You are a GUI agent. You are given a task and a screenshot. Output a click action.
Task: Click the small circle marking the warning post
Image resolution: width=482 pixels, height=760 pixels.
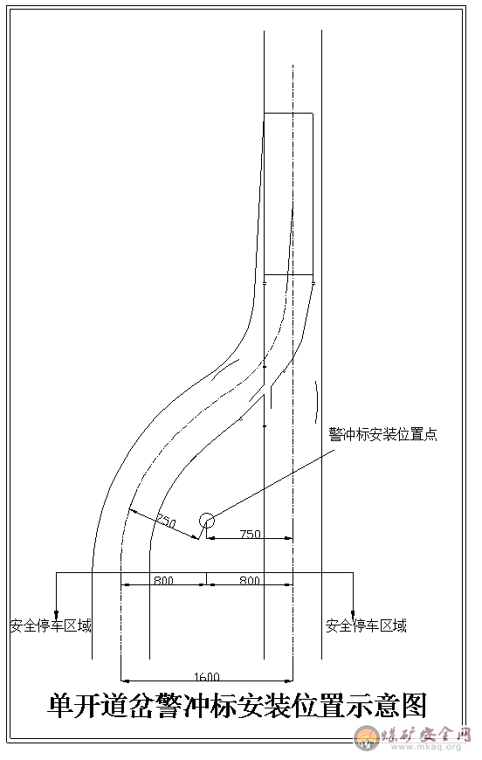pyautogui.click(x=207, y=521)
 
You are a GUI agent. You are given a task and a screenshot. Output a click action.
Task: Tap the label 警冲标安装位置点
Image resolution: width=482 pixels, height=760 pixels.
pyautogui.click(x=382, y=434)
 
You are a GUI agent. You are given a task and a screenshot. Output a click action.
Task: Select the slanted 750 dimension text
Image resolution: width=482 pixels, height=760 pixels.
pyautogui.click(x=165, y=522)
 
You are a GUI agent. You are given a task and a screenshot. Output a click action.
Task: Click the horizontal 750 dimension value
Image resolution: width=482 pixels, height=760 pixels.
pyautogui.click(x=251, y=534)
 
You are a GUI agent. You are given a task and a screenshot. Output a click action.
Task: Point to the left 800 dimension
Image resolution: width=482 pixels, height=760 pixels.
pyautogui.click(x=164, y=580)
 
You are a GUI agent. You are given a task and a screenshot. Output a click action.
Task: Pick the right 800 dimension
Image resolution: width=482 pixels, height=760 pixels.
pyautogui.click(x=250, y=580)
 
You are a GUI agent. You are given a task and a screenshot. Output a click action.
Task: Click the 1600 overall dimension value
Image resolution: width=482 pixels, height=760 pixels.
pyautogui.click(x=207, y=677)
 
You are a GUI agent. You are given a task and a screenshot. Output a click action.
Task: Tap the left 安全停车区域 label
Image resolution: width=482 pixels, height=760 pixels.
pyautogui.click(x=51, y=625)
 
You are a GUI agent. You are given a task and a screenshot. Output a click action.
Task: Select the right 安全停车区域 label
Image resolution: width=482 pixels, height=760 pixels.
pyautogui.click(x=366, y=625)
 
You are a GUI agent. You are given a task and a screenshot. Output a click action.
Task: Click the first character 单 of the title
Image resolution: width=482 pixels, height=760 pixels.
pyautogui.click(x=60, y=706)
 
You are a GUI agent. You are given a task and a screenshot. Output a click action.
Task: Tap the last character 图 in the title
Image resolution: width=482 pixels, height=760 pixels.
pyautogui.click(x=413, y=706)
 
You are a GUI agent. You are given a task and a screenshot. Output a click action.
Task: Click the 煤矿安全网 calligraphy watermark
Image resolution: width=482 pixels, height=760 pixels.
pyautogui.click(x=426, y=734)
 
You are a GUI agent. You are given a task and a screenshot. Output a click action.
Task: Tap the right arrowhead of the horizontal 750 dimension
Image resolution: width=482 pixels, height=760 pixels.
pyautogui.click(x=289, y=537)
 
